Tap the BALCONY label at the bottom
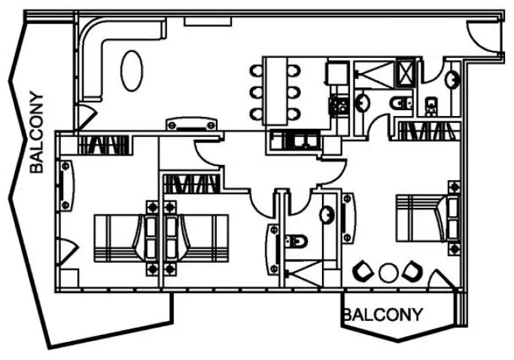tap(382, 314)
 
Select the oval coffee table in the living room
tap(132, 69)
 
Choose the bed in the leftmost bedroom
tap(120, 237)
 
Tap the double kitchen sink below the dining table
tap(296, 139)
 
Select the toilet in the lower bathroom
tap(297, 242)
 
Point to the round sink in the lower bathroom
tap(327, 215)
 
